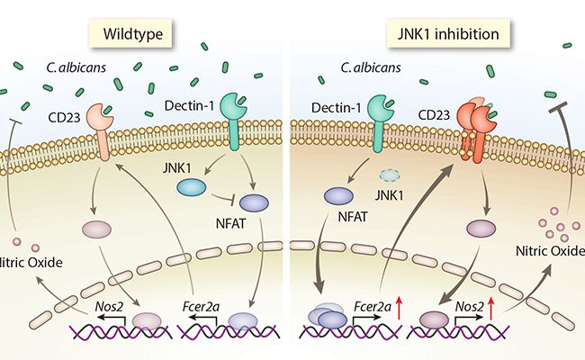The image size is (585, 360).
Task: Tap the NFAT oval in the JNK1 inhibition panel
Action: (x=338, y=195)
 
